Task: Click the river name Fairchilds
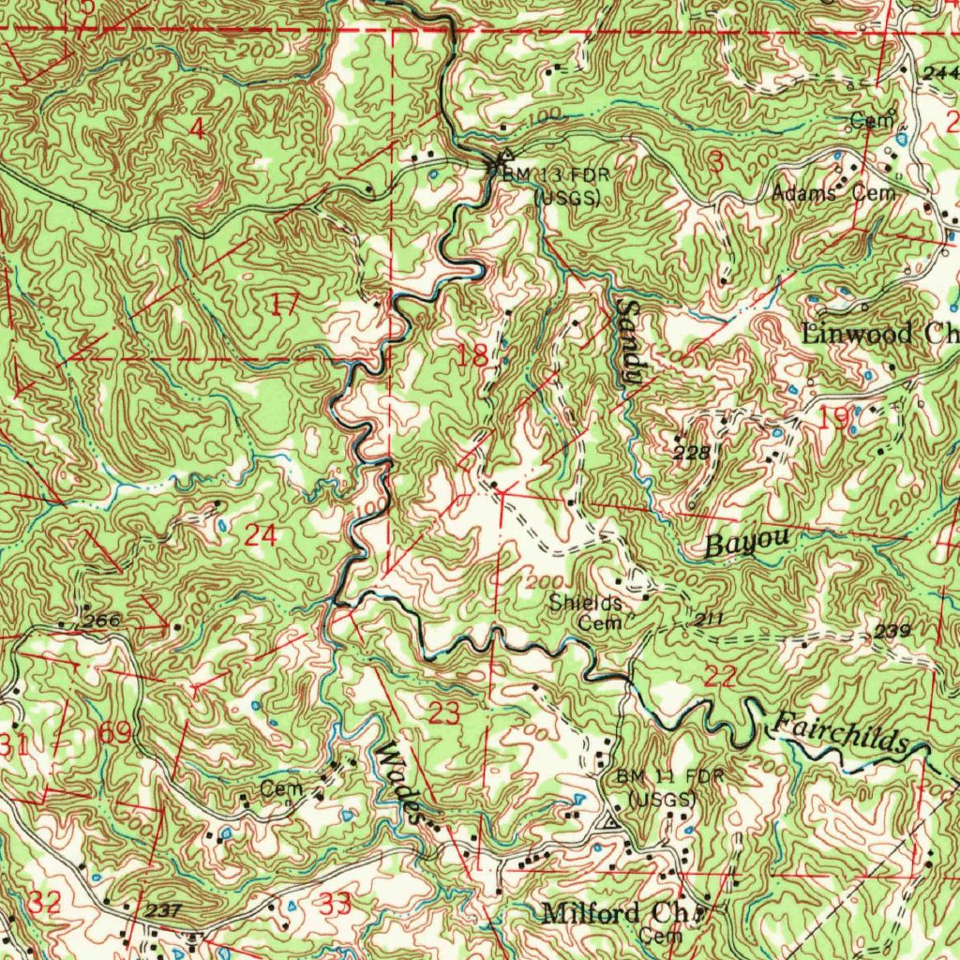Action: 837,734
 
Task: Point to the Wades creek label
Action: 399,782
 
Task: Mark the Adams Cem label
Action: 833,193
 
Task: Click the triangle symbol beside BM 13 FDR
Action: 506,157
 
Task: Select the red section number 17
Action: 285,303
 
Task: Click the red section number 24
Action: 260,535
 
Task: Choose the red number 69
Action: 116,732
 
